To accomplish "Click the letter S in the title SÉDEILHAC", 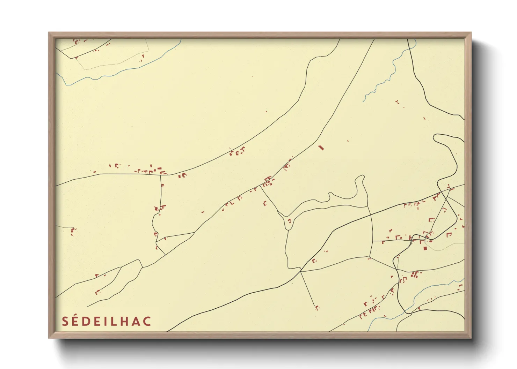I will coord(65,321).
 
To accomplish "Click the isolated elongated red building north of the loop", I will coord(321,148).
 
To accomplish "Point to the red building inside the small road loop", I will coord(289,221).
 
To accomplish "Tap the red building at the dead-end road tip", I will coord(317,308).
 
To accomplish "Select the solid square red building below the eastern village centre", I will coord(425,248).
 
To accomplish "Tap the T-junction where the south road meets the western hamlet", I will coord(160,174).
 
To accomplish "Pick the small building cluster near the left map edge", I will coord(73,231).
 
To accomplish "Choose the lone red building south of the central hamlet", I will coord(265,203).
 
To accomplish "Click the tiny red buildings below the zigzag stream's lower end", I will coord(397,102).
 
